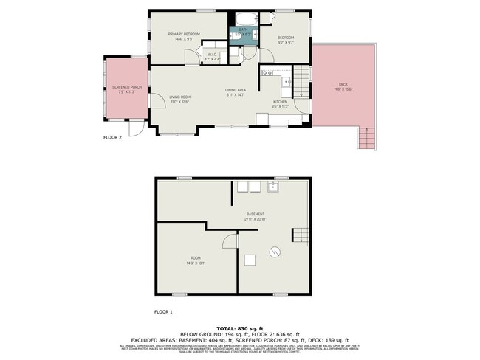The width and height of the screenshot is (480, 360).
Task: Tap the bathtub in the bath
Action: [243, 20]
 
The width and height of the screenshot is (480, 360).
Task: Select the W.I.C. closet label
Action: [212, 55]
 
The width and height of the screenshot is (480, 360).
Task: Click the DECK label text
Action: [343, 85]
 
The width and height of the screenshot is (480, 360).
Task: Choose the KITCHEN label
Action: [281, 101]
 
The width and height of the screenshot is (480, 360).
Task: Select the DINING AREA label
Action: [236, 90]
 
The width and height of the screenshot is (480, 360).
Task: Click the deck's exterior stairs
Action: [364, 137]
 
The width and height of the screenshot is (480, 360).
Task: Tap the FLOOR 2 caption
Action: [112, 137]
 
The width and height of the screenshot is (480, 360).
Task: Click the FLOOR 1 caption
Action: [162, 312]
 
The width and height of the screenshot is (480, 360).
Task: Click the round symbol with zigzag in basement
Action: [274, 252]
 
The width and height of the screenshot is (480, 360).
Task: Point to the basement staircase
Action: [299, 235]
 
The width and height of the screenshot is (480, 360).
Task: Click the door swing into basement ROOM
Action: [230, 242]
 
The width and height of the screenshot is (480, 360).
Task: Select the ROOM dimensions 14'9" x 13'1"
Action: [196, 263]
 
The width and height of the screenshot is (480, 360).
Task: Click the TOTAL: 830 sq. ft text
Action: [240, 327]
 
